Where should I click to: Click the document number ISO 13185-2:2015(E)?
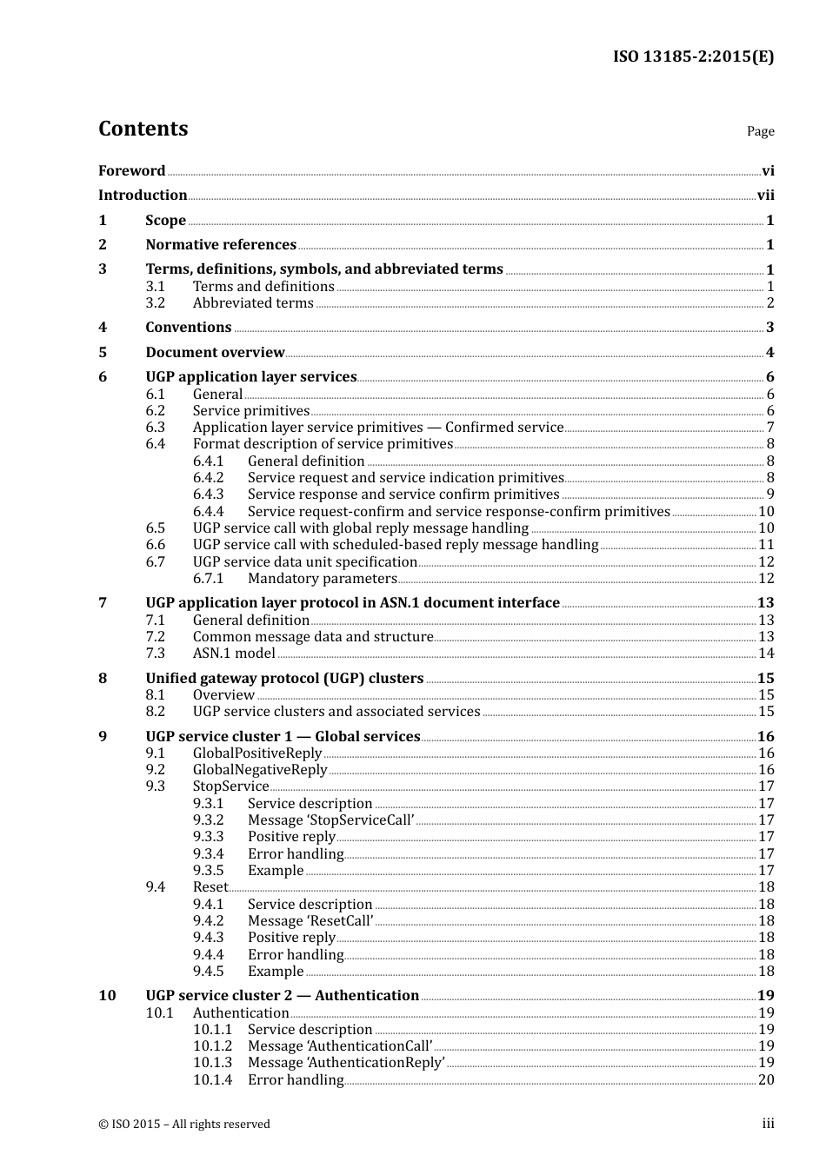693,56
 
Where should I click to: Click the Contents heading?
143,129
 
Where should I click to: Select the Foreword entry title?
131,170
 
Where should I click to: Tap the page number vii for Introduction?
765,196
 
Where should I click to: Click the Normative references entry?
221,245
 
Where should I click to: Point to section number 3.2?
155,303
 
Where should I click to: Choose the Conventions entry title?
188,328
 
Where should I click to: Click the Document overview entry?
215,353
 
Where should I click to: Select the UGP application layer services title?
250,377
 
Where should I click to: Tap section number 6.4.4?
208,512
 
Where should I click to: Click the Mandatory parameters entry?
322,579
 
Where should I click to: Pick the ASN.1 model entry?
233,654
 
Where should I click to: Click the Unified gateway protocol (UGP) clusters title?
284,679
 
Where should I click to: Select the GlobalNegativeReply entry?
259,770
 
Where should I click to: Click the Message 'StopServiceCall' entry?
330,820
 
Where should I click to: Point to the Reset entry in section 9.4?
210,887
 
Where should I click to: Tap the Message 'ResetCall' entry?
310,921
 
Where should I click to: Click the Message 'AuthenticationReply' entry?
345,1063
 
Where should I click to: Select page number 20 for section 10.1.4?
765,1080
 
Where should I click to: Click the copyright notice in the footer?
184,1125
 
